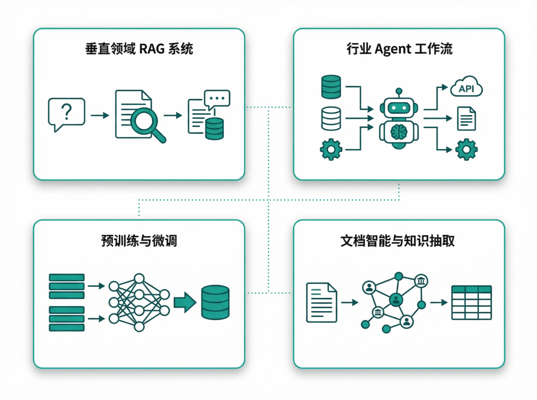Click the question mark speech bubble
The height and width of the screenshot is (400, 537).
[x=66, y=114]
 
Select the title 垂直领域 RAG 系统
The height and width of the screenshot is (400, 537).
[x=139, y=50]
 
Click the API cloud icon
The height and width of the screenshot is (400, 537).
[x=466, y=88]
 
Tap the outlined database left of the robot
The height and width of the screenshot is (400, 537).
[x=331, y=118]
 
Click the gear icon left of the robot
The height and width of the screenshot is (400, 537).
[x=331, y=149]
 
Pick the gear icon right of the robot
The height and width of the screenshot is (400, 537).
[x=466, y=149]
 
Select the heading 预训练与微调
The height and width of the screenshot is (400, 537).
[x=139, y=242]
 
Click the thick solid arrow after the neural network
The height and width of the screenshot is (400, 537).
[x=184, y=302]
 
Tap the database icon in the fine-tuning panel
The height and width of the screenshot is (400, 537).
[x=215, y=302]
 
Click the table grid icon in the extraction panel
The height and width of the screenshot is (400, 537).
[x=471, y=302]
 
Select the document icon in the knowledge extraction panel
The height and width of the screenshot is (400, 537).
[x=321, y=302]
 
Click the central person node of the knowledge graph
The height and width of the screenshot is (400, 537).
[x=396, y=299]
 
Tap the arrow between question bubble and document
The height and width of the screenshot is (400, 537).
[x=100, y=115]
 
